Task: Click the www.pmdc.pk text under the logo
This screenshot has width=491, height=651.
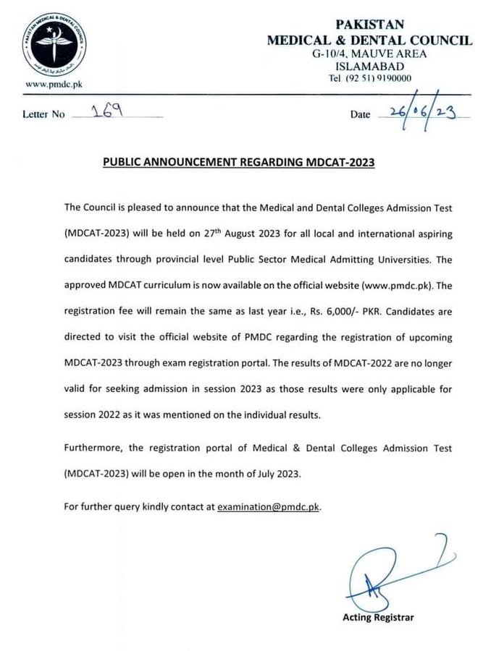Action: tap(54, 85)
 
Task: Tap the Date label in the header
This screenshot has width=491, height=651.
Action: tap(360, 114)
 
